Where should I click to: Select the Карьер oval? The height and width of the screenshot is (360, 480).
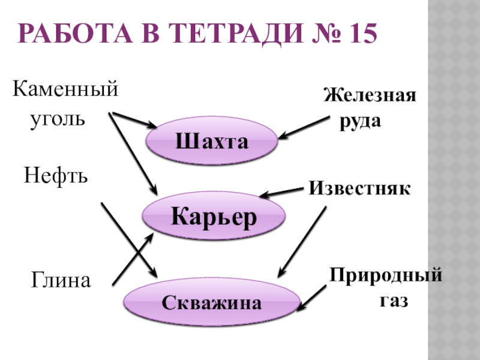tap(213, 215)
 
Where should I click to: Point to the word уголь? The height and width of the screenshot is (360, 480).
tap(58, 117)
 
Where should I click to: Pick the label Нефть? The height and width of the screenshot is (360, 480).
tap(56, 175)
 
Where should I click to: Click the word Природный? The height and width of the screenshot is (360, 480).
tap(385, 277)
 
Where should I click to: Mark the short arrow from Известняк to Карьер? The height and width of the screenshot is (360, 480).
tap(282, 193)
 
